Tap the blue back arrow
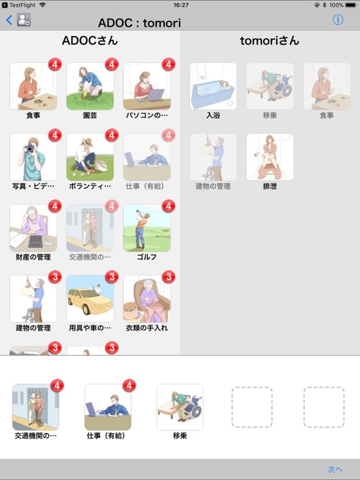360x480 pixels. (9, 20)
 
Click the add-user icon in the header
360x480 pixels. (24, 20)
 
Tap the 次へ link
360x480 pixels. (335, 469)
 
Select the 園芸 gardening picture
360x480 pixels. (90, 86)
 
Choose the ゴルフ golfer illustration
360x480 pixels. (147, 227)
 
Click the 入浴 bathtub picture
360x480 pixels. (213, 86)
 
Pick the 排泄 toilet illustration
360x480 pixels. (270, 157)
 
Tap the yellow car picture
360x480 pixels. (90, 298)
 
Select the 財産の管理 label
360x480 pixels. (33, 257)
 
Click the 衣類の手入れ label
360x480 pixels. (147, 327)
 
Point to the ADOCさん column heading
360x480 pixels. (90, 41)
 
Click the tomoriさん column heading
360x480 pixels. (269, 41)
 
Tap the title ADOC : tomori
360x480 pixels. (139, 23)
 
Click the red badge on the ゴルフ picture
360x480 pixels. (168, 206)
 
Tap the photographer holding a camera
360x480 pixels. (33, 157)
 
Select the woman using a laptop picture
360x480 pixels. (147, 86)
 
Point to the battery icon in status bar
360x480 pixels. (352, 5)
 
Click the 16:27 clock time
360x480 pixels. (181, 5)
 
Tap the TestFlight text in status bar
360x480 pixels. (22, 5)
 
